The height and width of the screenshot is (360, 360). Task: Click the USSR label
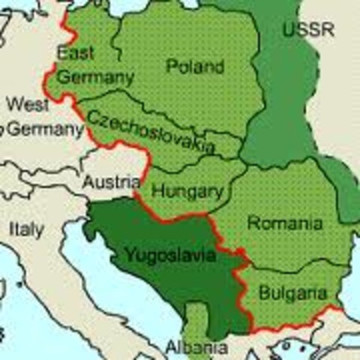point(308,31)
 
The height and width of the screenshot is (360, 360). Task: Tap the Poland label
point(195,67)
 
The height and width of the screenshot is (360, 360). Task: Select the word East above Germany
point(75,53)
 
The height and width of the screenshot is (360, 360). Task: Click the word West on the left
point(28,103)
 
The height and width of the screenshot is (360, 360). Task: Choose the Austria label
point(111,181)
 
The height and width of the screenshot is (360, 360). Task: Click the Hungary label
point(187,191)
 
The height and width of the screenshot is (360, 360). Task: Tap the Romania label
point(285,223)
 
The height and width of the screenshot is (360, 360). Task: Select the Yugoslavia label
point(169,256)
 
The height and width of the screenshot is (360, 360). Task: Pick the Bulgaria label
point(292,293)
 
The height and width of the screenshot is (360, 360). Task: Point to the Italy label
point(26,229)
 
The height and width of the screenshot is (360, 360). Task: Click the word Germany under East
point(95,77)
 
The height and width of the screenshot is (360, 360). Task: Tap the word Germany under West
point(45,129)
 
